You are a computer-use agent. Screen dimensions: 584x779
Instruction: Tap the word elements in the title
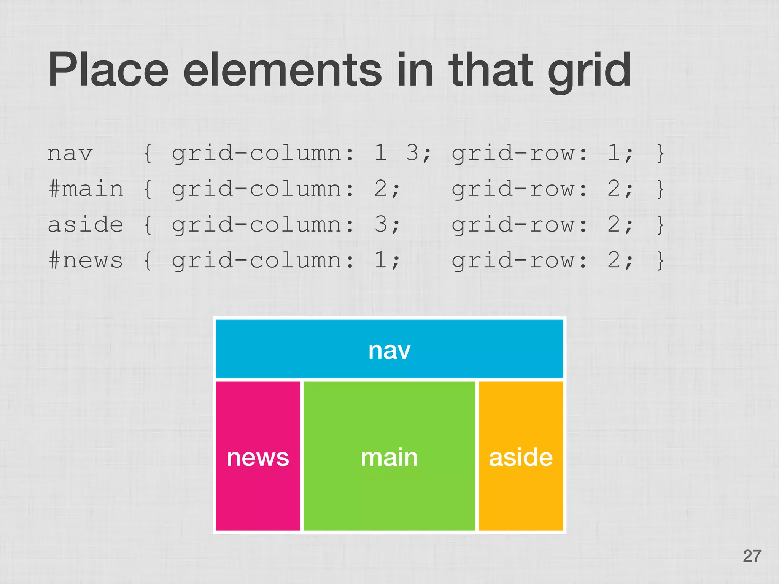click(x=282, y=70)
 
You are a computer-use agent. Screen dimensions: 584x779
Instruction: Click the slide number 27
click(x=752, y=556)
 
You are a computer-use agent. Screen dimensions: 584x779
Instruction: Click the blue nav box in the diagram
click(x=389, y=349)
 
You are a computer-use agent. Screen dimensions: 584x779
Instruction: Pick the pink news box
click(x=258, y=456)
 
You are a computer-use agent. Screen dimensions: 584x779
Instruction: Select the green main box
click(x=389, y=456)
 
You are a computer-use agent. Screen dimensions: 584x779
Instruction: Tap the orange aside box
click(x=520, y=456)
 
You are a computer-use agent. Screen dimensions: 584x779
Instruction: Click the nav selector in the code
click(x=70, y=154)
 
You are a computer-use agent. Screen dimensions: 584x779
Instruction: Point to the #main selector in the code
click(x=86, y=189)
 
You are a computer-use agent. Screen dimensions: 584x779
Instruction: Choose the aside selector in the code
click(x=86, y=224)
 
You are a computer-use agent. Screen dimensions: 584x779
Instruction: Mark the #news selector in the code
click(x=86, y=260)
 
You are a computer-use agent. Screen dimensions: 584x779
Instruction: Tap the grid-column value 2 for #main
click(x=381, y=189)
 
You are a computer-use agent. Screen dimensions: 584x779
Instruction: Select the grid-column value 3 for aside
click(x=381, y=224)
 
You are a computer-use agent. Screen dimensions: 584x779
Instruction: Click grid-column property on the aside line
click(x=263, y=225)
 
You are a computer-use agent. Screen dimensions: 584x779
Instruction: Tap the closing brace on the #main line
click(x=661, y=189)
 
